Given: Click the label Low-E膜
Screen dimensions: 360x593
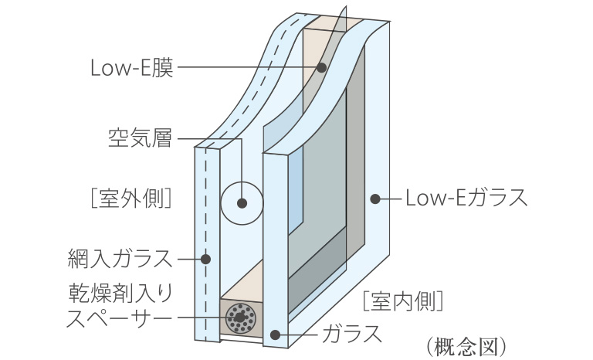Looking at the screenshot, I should click(x=132, y=68).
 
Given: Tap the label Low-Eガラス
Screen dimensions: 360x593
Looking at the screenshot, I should click(x=466, y=199).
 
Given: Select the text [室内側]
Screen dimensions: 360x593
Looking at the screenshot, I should click(x=402, y=299).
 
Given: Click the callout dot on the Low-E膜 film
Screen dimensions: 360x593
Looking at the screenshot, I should click(x=320, y=68).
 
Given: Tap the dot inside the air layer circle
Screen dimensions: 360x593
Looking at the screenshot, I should click(x=242, y=205).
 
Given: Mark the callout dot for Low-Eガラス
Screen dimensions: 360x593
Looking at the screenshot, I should click(x=375, y=199).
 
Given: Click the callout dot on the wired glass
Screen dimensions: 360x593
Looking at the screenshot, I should click(x=205, y=257).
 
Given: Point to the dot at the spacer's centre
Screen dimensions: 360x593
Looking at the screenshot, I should click(x=242, y=317).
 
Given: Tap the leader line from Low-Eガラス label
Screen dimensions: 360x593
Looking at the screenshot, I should click(x=391, y=199).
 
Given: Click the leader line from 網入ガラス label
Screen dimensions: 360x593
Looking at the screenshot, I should click(x=190, y=257).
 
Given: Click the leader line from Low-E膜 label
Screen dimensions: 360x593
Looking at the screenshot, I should click(x=247, y=68).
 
